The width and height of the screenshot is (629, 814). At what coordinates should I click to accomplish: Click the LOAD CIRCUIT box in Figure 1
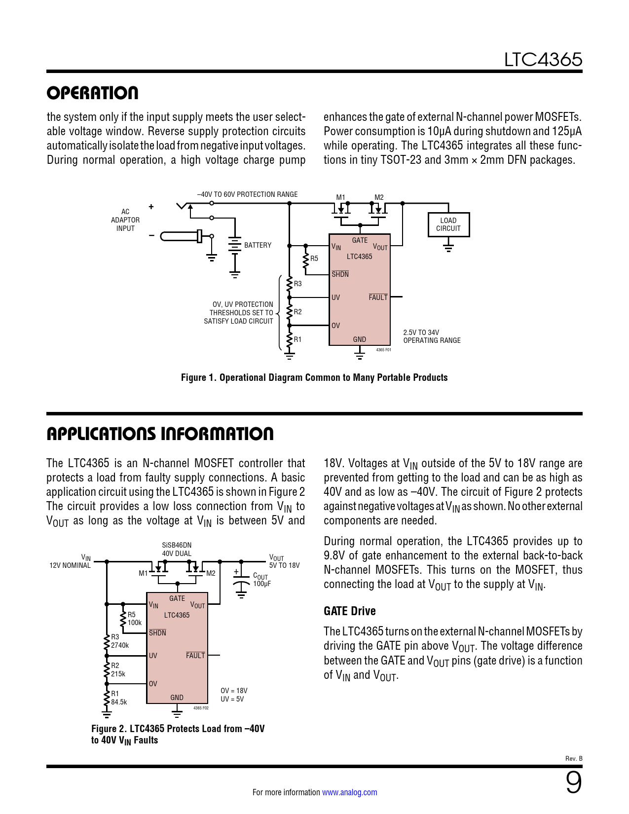[448, 224]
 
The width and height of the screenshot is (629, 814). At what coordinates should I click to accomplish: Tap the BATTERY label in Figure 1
[258, 245]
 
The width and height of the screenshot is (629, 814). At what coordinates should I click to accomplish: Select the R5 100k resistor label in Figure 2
[134, 619]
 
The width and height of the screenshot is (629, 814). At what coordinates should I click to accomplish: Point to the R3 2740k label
[119, 641]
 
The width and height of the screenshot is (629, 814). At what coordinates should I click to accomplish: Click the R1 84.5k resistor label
[118, 698]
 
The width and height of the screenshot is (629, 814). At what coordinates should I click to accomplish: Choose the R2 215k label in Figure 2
[118, 670]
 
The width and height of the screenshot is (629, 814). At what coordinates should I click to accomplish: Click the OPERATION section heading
[92, 93]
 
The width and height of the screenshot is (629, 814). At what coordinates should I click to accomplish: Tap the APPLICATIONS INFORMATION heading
[160, 434]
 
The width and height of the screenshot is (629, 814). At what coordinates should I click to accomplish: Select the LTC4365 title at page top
[543, 60]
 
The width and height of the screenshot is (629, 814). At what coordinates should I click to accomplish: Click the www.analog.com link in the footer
[349, 792]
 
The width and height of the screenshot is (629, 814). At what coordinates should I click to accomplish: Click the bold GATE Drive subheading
[349, 611]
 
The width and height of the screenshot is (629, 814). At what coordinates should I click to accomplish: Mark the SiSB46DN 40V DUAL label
[177, 550]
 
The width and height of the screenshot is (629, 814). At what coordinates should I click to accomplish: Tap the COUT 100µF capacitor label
[261, 580]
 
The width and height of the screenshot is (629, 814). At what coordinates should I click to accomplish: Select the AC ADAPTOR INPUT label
[125, 220]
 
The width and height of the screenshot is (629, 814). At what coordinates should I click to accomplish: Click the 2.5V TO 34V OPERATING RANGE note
[432, 336]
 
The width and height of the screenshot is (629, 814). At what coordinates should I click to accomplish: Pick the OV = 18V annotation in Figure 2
[234, 691]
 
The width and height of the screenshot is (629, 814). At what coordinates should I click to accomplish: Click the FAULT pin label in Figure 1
[378, 297]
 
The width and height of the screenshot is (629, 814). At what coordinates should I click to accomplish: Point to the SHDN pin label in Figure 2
[157, 633]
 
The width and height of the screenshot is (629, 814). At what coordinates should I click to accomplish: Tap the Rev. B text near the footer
[574, 758]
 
